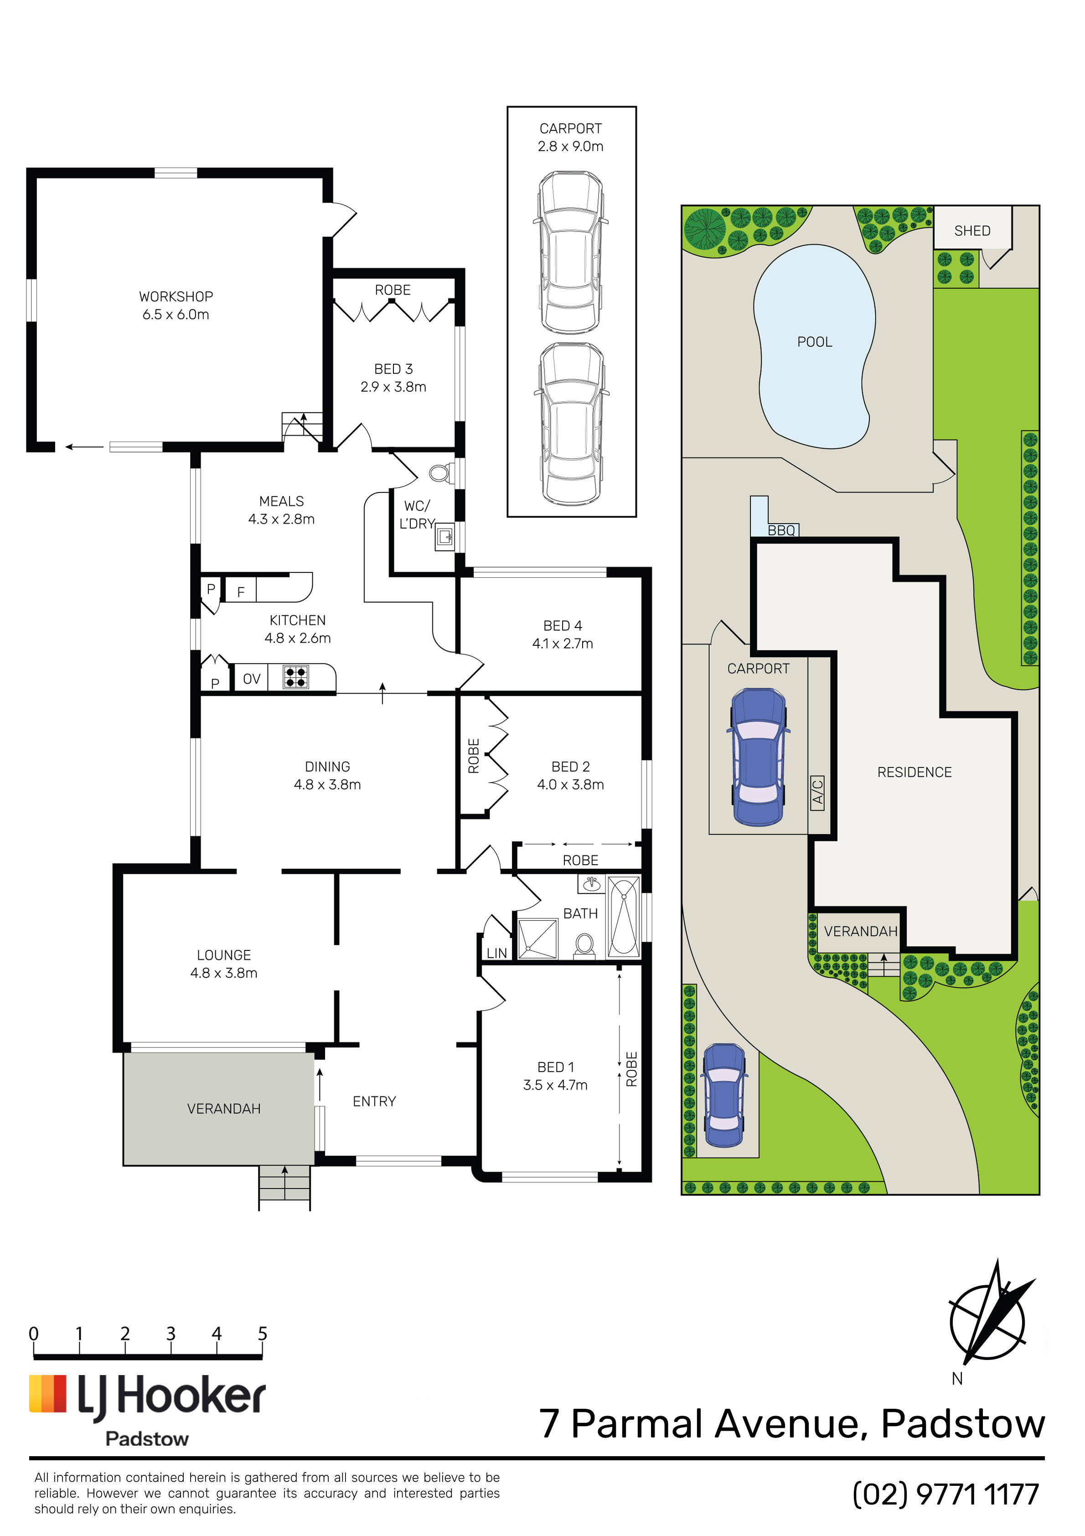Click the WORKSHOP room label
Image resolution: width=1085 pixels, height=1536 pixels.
(176, 296)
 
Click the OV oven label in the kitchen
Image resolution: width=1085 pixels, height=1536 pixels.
(252, 679)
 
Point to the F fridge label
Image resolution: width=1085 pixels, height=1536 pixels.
(241, 592)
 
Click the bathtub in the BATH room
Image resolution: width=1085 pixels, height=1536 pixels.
(624, 917)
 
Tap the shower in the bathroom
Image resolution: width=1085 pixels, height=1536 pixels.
(538, 939)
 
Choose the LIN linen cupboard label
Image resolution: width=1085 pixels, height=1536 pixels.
(496, 953)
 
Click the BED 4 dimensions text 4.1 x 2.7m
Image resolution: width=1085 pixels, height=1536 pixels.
(563, 643)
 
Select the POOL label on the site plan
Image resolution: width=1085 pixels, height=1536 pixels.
(815, 342)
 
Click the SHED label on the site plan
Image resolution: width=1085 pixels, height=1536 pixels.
(972, 231)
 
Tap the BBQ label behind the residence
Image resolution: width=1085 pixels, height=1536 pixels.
(781, 530)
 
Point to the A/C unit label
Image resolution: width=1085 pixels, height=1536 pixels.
(817, 793)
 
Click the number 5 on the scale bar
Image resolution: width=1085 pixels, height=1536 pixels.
(263, 1334)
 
